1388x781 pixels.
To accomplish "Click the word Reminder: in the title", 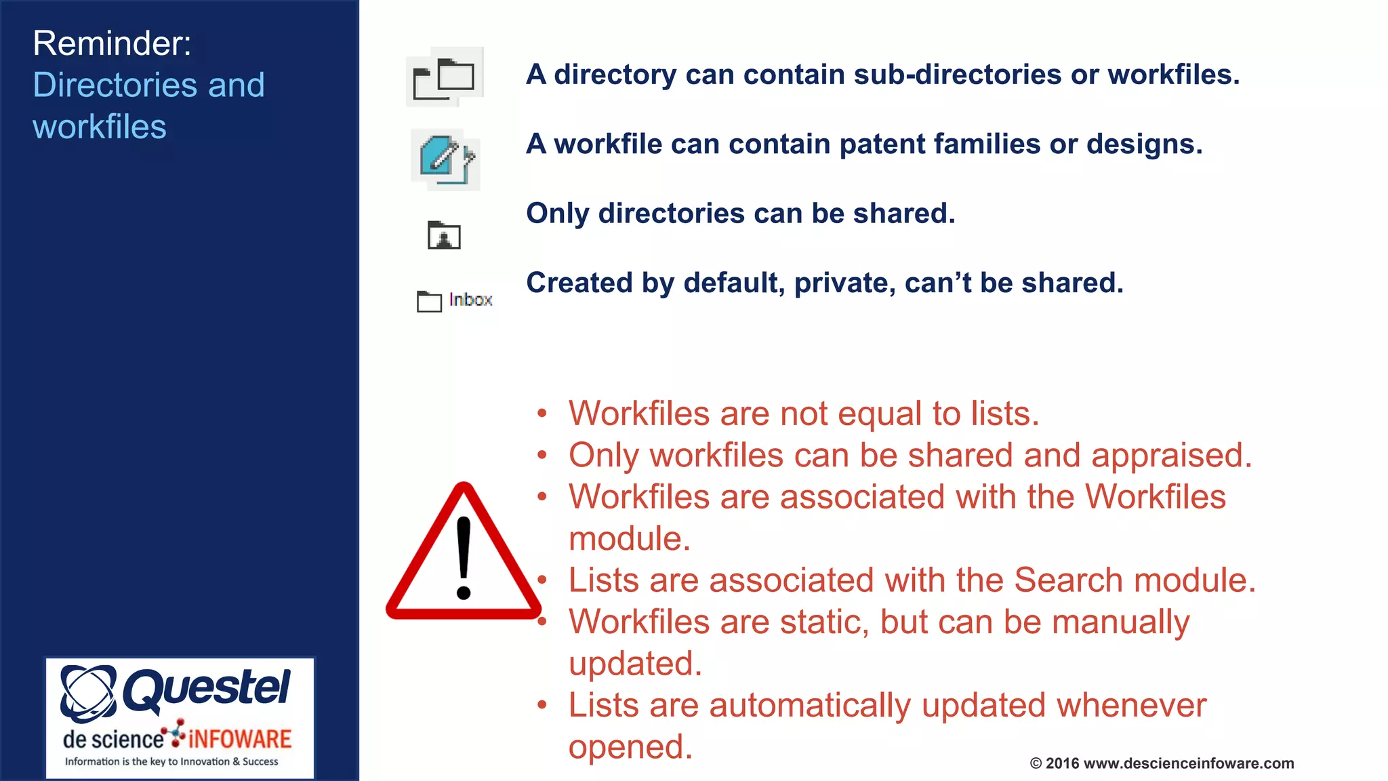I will coord(112,43).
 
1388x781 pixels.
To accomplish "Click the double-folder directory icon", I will coord(445,77).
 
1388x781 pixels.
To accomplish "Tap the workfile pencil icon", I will coord(445,159).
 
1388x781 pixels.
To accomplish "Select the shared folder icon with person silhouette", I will coord(444,235).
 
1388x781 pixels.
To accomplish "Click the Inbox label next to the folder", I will coord(470,300).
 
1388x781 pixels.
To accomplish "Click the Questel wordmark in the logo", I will coord(206,689).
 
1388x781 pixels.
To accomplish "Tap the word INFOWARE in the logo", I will coord(240,739).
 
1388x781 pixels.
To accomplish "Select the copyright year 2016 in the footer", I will coord(1062,763).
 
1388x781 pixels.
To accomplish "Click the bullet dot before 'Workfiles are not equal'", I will coord(542,413).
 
